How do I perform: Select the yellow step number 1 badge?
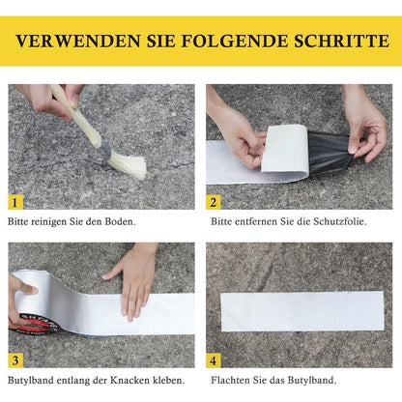pyautogui.click(x=15, y=202)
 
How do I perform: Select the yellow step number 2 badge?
pyautogui.click(x=214, y=202)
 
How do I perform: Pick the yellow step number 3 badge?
pyautogui.click(x=15, y=360)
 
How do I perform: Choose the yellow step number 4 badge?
pyautogui.click(x=214, y=360)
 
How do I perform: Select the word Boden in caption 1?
pyautogui.click(x=118, y=221)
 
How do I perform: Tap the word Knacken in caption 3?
pyautogui.click(x=128, y=381)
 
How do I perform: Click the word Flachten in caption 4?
pyautogui.click(x=229, y=381)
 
